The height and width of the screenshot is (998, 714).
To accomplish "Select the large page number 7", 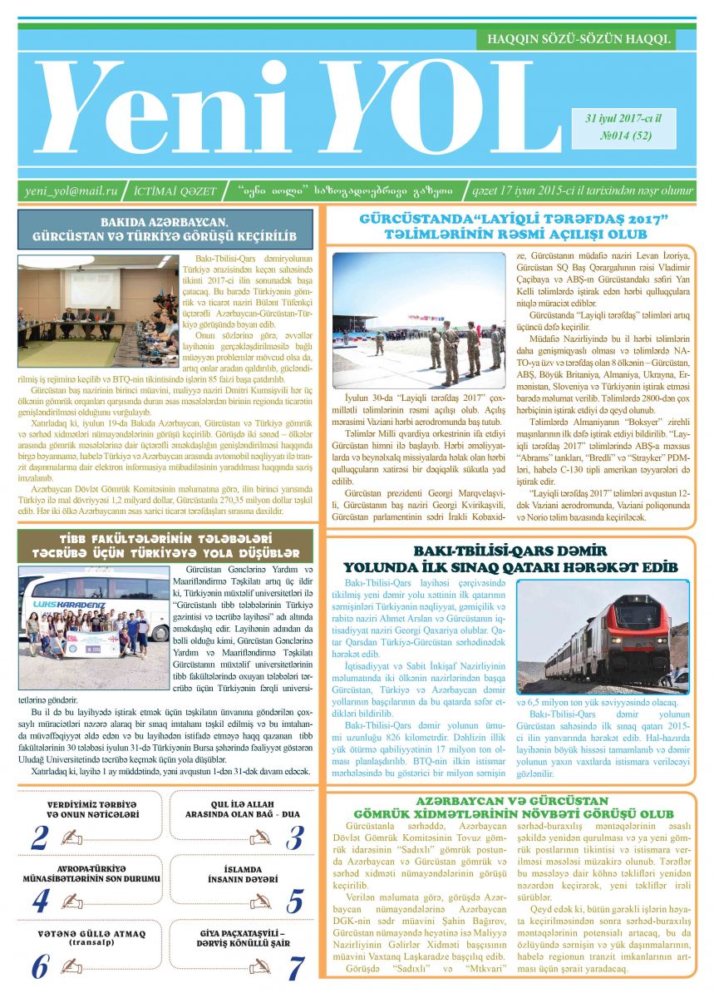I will pos(295,966).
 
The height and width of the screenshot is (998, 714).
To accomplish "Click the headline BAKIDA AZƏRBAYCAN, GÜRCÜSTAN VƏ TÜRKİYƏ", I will pos(165,230).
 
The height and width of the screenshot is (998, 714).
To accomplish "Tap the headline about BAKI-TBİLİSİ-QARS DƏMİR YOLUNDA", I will pos(510,559).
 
